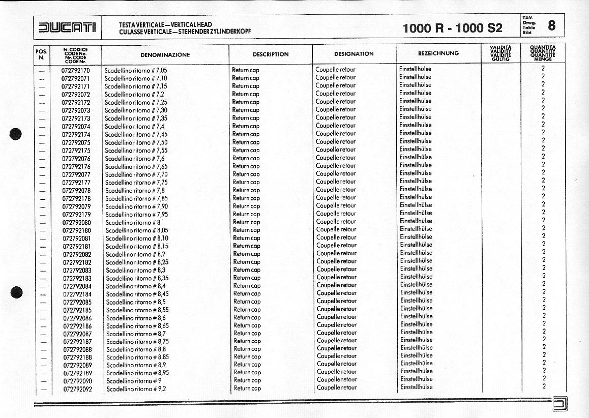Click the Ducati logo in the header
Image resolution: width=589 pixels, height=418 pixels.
coord(67,27)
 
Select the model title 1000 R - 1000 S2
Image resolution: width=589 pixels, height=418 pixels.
coord(452,28)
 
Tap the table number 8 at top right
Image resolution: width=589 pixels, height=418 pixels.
coord(552,25)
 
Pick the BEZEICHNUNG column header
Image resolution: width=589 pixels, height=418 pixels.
coord(438,53)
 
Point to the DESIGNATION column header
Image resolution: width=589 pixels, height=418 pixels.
coord(354,54)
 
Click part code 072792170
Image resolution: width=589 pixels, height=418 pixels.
coord(75,70)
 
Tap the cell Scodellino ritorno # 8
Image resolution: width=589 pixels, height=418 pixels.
coord(133,223)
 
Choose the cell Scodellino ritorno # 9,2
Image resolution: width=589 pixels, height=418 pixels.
coord(136,389)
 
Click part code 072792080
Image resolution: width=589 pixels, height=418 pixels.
coord(76,223)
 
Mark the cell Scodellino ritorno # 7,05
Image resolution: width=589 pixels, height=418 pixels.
coord(135,70)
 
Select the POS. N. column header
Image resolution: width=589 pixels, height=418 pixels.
coord(42,54)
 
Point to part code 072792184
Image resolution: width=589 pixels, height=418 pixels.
coord(77,294)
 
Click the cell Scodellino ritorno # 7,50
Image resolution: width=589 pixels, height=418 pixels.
coord(136,142)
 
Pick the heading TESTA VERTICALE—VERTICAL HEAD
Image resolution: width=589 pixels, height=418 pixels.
coord(165,24)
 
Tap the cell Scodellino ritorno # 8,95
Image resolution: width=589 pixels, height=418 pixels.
coord(137,373)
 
